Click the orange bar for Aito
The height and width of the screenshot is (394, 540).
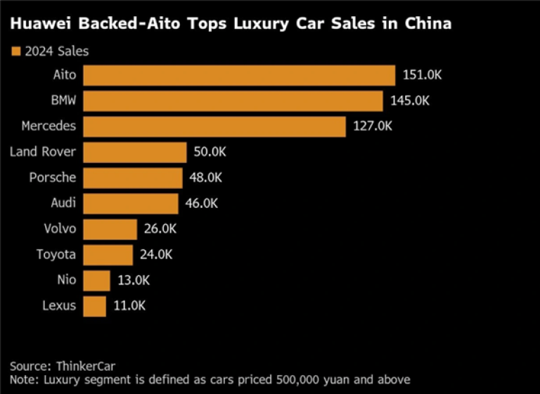click(239, 75)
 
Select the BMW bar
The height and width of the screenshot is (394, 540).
click(233, 100)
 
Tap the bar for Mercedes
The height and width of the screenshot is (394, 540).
click(214, 126)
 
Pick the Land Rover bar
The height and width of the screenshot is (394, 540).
click(135, 152)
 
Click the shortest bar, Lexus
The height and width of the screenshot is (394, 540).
click(94, 306)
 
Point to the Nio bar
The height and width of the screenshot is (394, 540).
click(96, 280)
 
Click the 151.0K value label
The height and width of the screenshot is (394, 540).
click(422, 75)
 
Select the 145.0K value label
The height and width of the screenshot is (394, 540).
click(409, 100)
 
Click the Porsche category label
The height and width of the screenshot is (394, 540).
click(52, 178)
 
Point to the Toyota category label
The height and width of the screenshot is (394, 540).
click(56, 254)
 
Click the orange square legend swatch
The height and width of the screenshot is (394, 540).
click(15, 51)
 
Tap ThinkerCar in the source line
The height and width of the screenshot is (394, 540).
click(86, 366)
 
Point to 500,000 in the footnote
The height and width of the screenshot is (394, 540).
click(296, 380)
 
